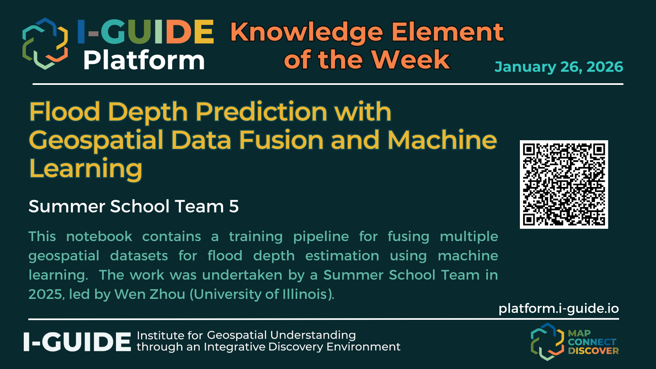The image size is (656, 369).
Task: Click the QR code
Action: (x=564, y=184)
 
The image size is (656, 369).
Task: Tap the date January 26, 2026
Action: (x=559, y=67)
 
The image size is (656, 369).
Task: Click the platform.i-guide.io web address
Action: (x=558, y=309)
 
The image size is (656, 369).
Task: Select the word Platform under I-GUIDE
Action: (x=144, y=61)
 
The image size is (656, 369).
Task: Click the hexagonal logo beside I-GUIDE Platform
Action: (x=45, y=43)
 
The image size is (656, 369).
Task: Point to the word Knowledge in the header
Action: (x=307, y=33)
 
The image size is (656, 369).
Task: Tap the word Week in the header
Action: (x=410, y=59)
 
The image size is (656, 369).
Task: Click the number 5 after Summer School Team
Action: (x=234, y=207)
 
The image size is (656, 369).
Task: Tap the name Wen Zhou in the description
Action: (x=150, y=294)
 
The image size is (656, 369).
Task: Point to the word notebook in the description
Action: (x=99, y=236)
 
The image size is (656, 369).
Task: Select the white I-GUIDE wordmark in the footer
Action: (x=77, y=342)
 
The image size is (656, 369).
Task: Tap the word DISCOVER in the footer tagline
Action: (x=593, y=351)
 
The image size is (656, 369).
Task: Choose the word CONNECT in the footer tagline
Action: (x=592, y=342)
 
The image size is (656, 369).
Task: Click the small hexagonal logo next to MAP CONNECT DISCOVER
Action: (x=547, y=342)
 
